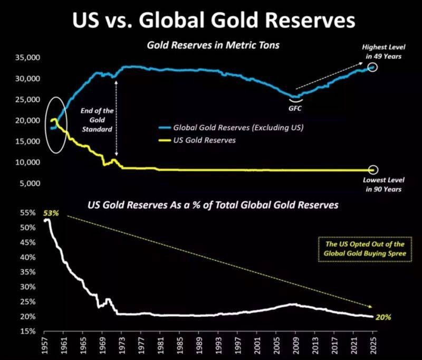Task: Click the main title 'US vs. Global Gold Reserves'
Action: (214, 20)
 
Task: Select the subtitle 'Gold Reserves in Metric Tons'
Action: (213, 45)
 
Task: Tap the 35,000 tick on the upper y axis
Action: (28, 58)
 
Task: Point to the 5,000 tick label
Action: (30, 183)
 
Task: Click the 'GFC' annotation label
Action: (295, 108)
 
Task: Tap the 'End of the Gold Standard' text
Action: (97, 120)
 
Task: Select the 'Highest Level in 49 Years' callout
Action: (383, 52)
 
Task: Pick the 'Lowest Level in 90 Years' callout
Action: (383, 184)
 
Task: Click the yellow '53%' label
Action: (51, 213)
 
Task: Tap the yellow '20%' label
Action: (383, 317)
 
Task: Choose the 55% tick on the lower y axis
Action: (28, 213)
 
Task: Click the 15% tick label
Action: (28, 331)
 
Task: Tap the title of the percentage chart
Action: (213, 205)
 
